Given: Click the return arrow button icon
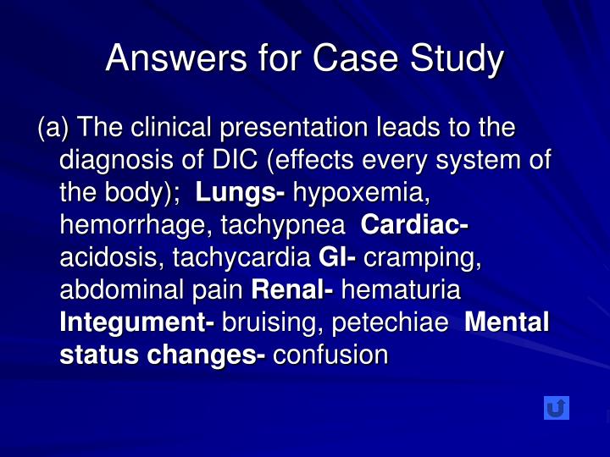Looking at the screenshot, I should (x=556, y=408).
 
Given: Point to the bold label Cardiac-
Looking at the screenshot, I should (x=415, y=226).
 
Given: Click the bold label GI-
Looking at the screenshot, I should (x=337, y=258).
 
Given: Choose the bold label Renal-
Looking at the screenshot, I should (x=292, y=290).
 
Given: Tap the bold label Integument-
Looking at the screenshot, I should (x=137, y=322).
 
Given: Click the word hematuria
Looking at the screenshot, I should (x=400, y=290).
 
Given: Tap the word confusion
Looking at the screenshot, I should (x=330, y=355).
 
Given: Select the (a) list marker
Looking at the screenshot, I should (x=54, y=129).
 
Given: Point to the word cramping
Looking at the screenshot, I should (x=422, y=258).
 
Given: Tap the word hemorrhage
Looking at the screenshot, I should (x=134, y=226).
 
